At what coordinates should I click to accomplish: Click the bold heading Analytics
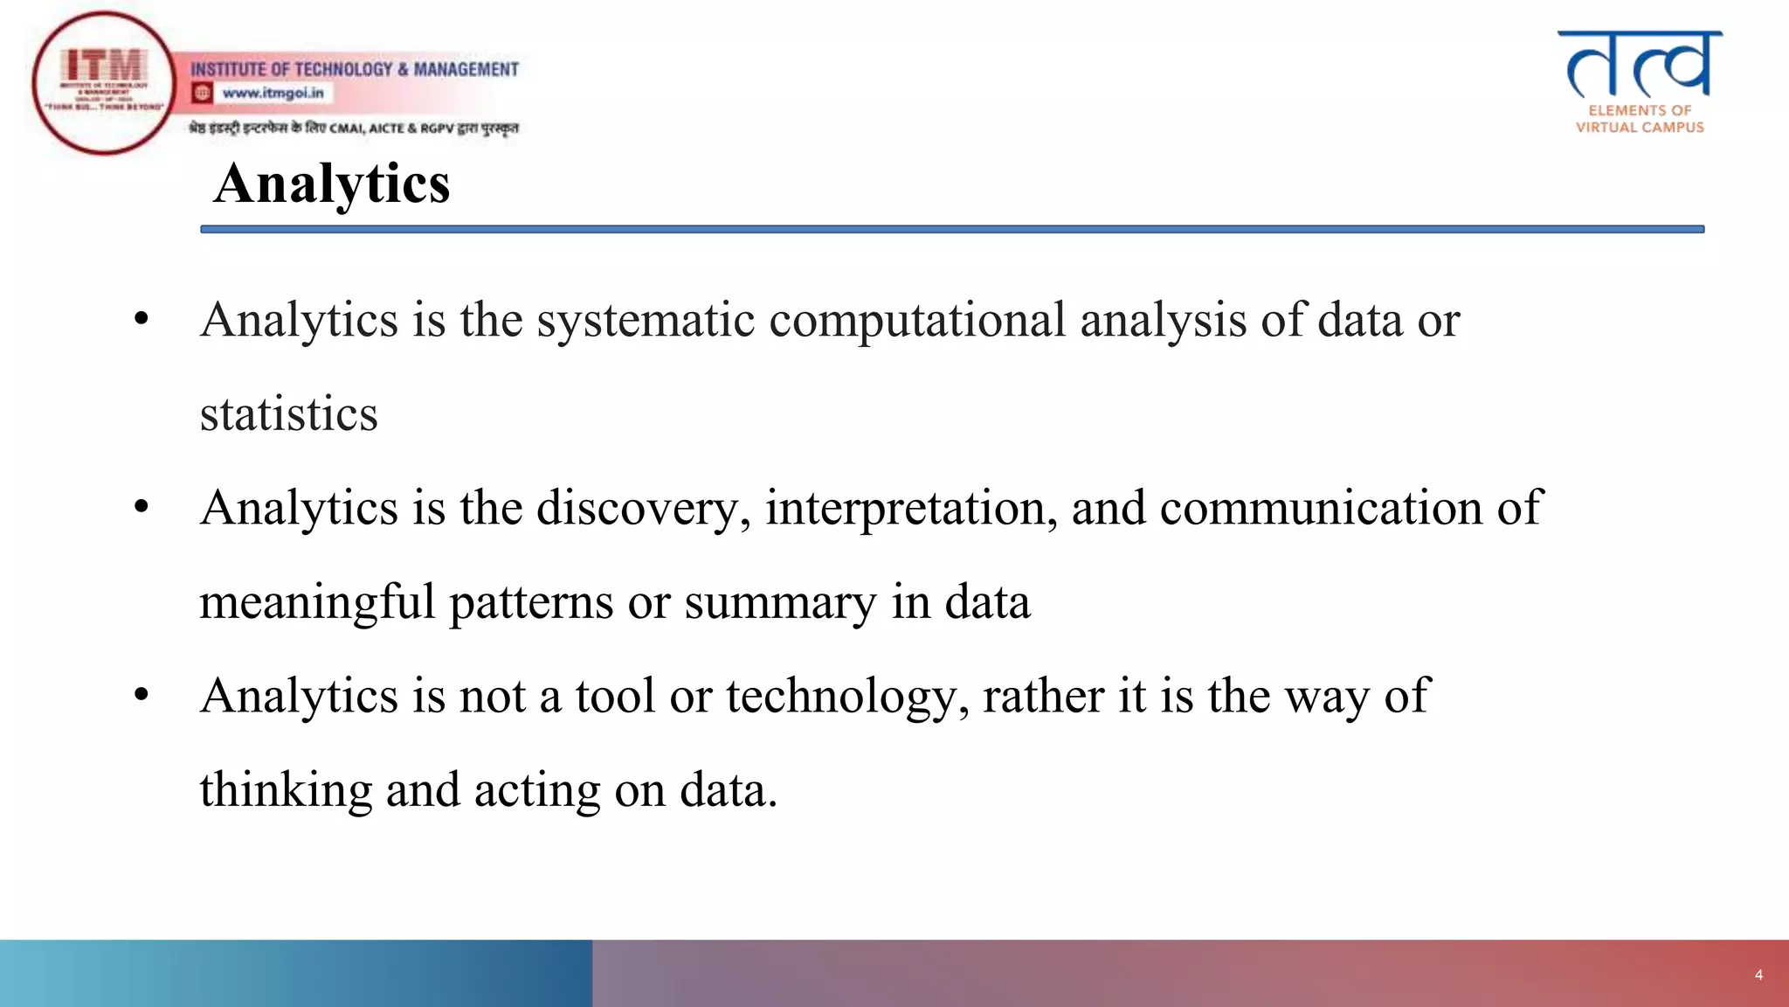(x=332, y=184)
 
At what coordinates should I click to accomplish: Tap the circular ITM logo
(x=104, y=83)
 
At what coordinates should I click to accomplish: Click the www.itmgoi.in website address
(x=273, y=93)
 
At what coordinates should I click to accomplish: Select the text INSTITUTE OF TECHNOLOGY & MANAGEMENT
(x=355, y=69)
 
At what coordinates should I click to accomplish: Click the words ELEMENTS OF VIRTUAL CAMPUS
(x=1640, y=119)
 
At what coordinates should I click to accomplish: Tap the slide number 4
(x=1758, y=975)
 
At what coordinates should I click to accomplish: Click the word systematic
(x=645, y=320)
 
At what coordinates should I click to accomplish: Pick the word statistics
(x=288, y=414)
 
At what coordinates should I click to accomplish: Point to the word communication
(x=1321, y=508)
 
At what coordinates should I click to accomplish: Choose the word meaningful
(x=317, y=603)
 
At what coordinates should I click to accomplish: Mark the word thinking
(x=286, y=790)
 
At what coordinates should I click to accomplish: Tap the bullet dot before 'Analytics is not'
(x=142, y=696)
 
